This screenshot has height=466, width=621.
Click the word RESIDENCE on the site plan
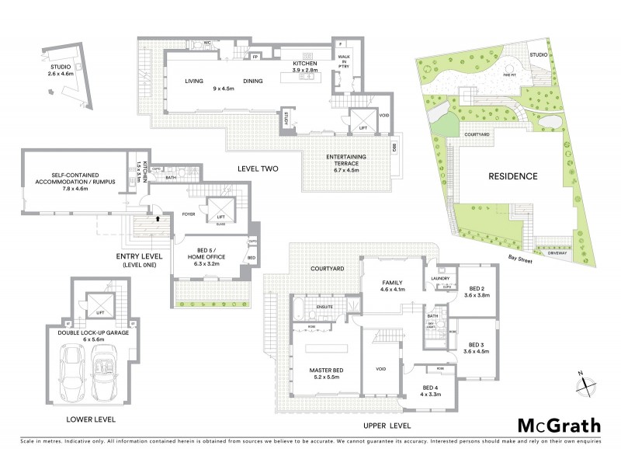pyautogui.click(x=512, y=176)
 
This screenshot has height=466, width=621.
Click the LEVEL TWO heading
pyautogui.click(x=258, y=169)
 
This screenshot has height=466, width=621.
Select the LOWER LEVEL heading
pyautogui.click(x=91, y=419)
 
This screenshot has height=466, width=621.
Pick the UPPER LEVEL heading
pyautogui.click(x=384, y=426)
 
